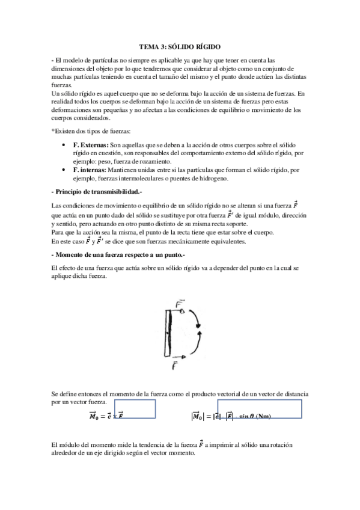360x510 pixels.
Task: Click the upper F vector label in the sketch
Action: (x=178, y=303)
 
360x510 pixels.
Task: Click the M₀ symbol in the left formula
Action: (x=93, y=415)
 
